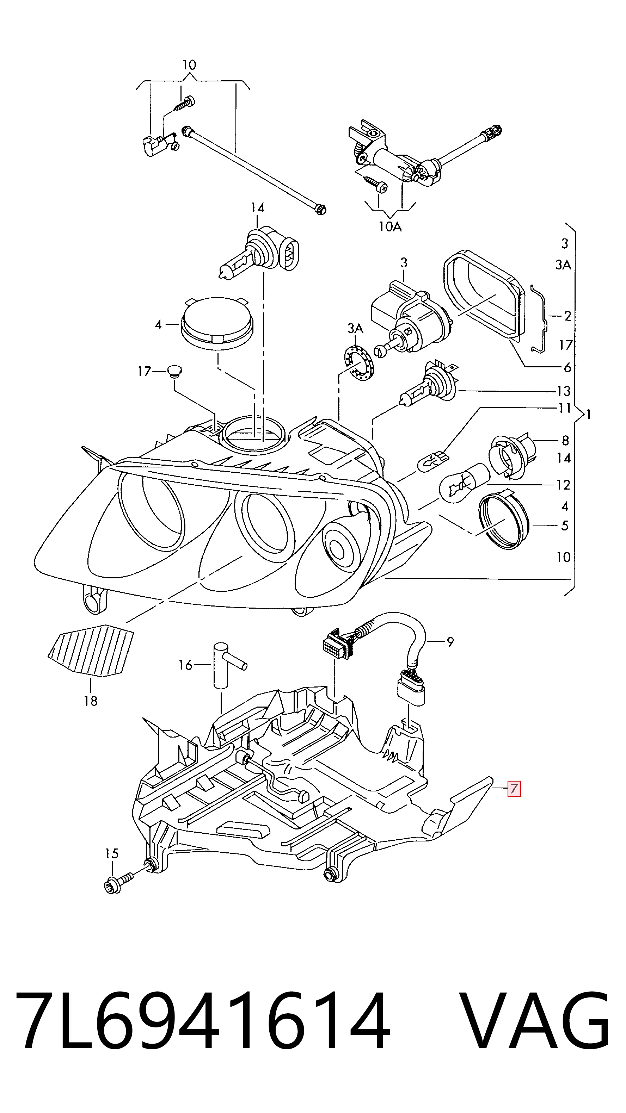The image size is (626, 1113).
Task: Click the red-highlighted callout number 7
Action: [514, 789]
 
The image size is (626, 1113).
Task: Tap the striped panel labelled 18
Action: [91, 651]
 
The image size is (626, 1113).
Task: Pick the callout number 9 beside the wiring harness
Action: [450, 642]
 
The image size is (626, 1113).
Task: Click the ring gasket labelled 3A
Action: [358, 359]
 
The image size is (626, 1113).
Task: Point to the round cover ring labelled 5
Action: [504, 523]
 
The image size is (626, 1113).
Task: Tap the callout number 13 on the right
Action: [563, 391]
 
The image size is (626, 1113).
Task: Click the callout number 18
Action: [91, 701]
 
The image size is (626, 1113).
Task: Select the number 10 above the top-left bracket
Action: [189, 65]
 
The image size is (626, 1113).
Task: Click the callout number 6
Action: [567, 367]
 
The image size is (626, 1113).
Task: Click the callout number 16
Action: [185, 665]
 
